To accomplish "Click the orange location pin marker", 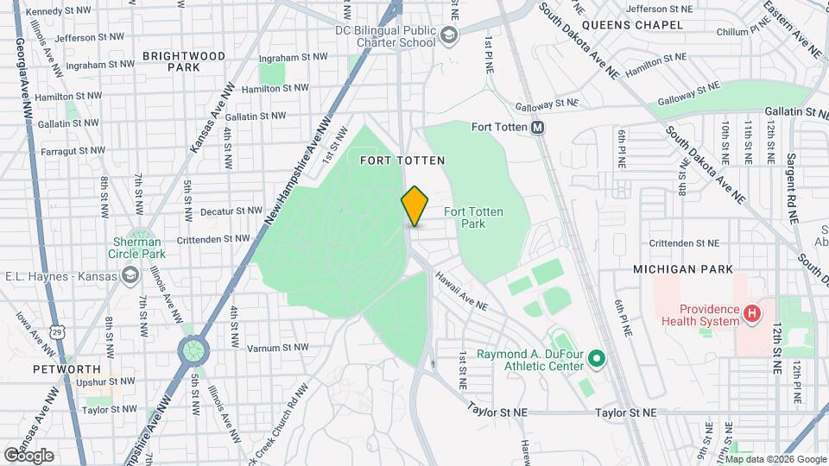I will (x=414, y=205).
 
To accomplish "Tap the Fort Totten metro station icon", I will (x=538, y=128).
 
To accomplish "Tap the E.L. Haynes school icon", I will (x=130, y=275).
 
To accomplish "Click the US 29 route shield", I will (x=57, y=331).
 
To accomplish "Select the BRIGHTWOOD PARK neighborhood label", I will (x=184, y=60).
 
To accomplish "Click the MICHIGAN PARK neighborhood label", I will (x=676, y=270).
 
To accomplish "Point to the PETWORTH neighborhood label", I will (x=60, y=369).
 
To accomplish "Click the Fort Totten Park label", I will (x=473, y=217).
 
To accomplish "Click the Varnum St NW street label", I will (x=277, y=348).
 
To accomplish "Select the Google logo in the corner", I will (x=28, y=455).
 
